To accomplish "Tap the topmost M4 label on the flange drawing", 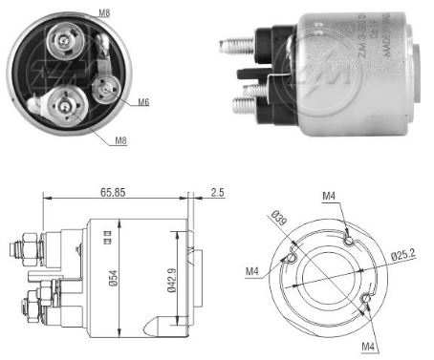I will (328, 198).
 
